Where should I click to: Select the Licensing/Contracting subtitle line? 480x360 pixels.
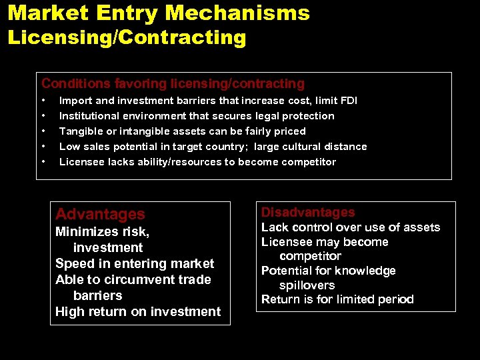click(x=127, y=37)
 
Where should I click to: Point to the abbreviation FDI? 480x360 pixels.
click(x=349, y=101)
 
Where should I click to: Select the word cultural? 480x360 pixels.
click(x=302, y=147)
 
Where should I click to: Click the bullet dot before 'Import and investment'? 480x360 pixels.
click(x=44, y=101)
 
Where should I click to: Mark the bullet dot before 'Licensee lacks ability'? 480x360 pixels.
click(x=44, y=162)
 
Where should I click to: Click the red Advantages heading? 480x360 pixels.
click(x=100, y=214)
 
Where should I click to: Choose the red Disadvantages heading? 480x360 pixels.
click(x=308, y=213)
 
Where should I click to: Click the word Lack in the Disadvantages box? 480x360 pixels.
click(x=275, y=227)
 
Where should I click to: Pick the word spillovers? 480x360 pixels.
click(x=307, y=285)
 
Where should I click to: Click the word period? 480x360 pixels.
click(x=395, y=299)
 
